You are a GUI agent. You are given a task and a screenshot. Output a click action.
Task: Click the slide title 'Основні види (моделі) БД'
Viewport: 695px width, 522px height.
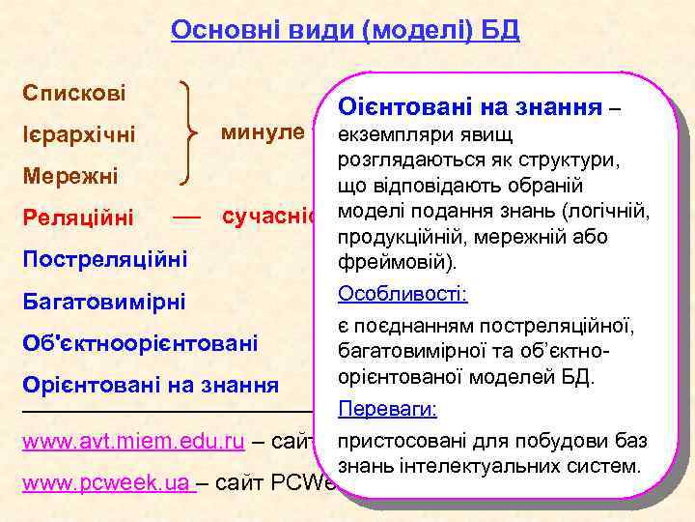tap(345, 31)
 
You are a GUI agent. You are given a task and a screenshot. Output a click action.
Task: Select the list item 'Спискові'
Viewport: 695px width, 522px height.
tap(74, 95)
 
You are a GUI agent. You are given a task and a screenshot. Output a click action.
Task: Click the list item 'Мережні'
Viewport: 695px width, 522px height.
tap(69, 177)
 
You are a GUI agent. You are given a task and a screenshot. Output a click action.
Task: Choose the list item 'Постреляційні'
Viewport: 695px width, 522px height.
tap(104, 259)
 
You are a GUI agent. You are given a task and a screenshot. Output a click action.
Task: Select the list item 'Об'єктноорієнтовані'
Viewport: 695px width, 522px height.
tap(139, 343)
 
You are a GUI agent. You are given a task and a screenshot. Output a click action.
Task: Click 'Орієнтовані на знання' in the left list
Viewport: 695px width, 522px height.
tap(150, 385)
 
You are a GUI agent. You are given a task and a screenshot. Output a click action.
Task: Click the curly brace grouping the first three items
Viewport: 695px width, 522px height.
tap(192, 135)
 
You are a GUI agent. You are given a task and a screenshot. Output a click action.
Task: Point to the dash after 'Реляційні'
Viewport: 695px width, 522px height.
tap(185, 217)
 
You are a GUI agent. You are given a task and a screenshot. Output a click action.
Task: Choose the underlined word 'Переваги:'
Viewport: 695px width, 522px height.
tap(387, 410)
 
